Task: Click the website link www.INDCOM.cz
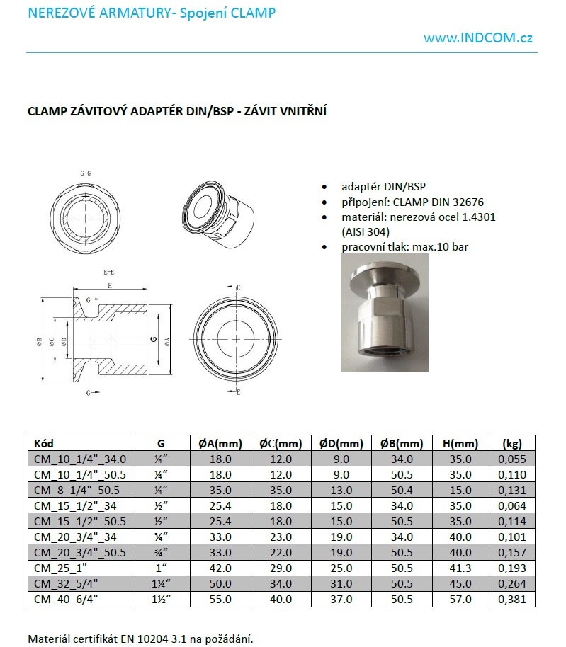[478, 38]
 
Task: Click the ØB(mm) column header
[401, 444]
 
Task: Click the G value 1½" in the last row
[160, 600]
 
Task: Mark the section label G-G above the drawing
[86, 173]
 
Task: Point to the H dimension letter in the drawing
[109, 286]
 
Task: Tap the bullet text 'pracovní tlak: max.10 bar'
[404, 247]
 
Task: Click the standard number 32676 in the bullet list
[468, 202]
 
